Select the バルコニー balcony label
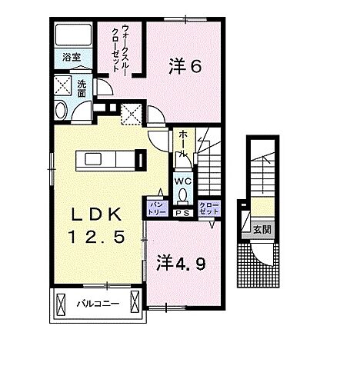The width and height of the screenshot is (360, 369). click(97, 303)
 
